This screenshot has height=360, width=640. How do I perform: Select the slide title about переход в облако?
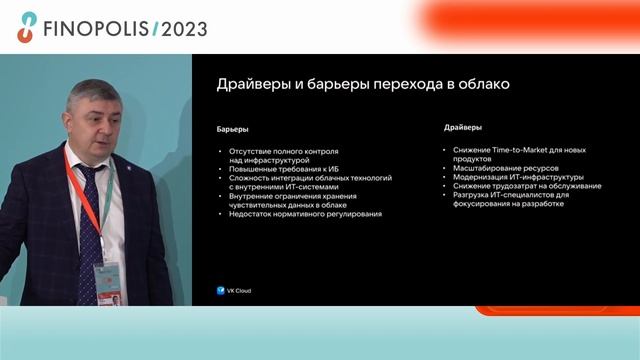[x=364, y=84]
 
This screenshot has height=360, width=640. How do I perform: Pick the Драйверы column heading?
[x=463, y=128]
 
